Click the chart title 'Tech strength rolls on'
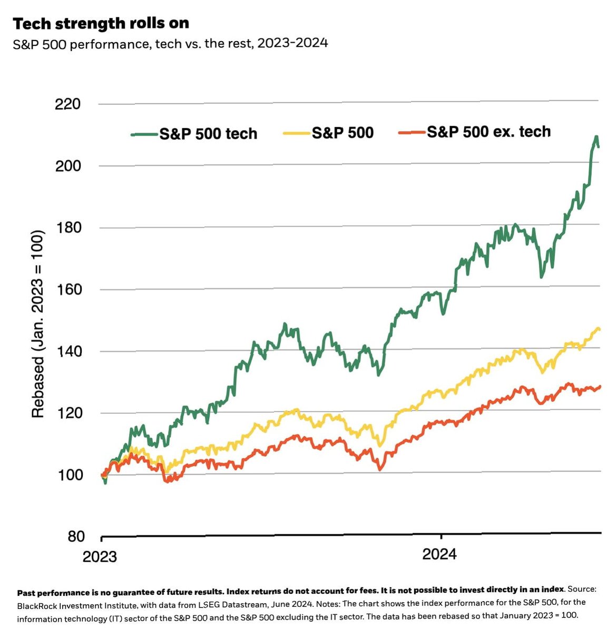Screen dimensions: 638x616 click(101, 24)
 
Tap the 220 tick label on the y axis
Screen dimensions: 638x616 click(68, 104)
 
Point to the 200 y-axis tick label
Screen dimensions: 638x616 click(68, 166)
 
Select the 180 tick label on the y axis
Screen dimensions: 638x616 click(68, 228)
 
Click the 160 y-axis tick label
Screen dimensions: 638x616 click(68, 289)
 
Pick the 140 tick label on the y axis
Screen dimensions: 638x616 click(68, 351)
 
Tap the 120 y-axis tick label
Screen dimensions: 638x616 click(68, 413)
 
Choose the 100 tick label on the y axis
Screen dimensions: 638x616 click(68, 475)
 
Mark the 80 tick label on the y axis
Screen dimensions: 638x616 click(76, 536)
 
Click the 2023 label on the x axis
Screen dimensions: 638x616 click(100, 557)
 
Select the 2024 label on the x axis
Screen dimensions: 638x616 click(439, 554)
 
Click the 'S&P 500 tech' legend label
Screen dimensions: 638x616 click(208, 134)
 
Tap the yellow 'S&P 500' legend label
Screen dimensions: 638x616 click(343, 133)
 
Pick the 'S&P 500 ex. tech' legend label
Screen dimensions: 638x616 click(488, 132)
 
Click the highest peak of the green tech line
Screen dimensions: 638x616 click(596, 137)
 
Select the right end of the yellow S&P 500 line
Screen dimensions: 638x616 click(600, 330)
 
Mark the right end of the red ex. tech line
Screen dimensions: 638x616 click(600, 387)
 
